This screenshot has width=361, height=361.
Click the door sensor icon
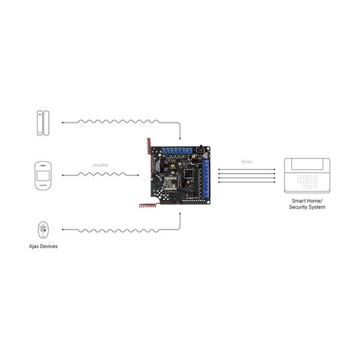click(x=43, y=123)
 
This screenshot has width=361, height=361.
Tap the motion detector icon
click(x=43, y=176)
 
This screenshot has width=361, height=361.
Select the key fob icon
click(x=43, y=229)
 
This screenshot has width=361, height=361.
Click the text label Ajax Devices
click(x=43, y=247)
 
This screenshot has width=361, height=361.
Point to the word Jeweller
click(x=101, y=165)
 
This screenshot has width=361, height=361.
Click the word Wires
click(x=247, y=162)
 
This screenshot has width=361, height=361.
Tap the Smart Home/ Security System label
click(x=307, y=204)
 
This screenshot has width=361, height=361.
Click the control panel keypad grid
click(x=307, y=182)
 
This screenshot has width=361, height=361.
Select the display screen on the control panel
click(x=307, y=163)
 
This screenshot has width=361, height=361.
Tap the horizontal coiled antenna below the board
click(x=148, y=205)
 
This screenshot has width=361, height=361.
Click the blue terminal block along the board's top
click(x=177, y=151)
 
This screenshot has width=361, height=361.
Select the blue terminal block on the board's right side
click(x=205, y=178)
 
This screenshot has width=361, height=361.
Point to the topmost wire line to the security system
click(x=247, y=169)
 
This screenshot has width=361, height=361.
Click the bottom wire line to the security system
click(x=247, y=182)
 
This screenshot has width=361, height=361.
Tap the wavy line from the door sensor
click(x=120, y=122)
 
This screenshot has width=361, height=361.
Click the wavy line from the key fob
click(x=120, y=230)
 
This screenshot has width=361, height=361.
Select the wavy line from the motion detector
click(x=100, y=174)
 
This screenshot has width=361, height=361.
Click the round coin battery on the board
click(x=160, y=165)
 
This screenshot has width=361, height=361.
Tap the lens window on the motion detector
click(x=43, y=175)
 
